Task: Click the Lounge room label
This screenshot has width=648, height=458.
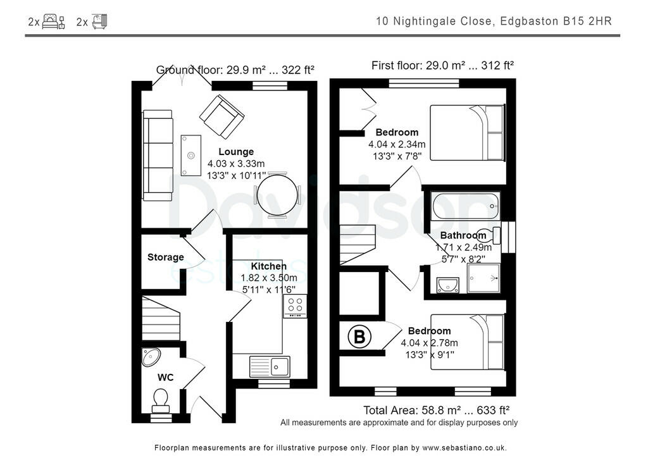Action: point(236,152)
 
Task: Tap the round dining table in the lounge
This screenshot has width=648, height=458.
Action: point(277,195)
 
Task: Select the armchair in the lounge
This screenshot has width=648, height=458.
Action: point(221,116)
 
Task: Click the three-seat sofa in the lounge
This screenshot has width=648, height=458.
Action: point(158,155)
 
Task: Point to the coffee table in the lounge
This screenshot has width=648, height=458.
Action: point(190,155)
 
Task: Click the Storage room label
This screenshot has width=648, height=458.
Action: point(166,257)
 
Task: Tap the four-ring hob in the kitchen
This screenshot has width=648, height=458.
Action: point(295,306)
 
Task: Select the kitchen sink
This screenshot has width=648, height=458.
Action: point(270,366)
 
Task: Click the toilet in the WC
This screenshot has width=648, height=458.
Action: point(161,399)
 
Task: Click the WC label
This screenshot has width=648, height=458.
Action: point(166,378)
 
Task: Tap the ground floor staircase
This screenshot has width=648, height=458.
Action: point(161,319)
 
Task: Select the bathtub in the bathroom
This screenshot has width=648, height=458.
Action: point(466,206)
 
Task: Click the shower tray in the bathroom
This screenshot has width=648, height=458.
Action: point(483,278)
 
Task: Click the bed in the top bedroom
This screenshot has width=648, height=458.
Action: point(468,133)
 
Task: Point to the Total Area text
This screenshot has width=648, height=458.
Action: point(436,410)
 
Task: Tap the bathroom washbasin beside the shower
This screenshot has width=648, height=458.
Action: point(449,285)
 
